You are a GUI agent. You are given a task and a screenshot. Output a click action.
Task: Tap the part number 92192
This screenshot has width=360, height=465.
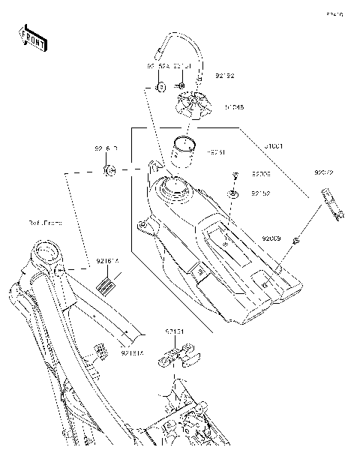pyautogui.click(x=226, y=75)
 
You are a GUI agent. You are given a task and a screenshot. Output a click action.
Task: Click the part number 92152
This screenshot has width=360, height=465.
pyautogui.click(x=260, y=193)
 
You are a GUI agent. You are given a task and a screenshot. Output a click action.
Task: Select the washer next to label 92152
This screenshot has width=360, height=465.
pyautogui.click(x=235, y=194)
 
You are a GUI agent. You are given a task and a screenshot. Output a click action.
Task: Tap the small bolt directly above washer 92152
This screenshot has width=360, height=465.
pyautogui.click(x=235, y=175)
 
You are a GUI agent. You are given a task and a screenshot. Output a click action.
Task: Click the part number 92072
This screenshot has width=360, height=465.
pyautogui.click(x=324, y=172)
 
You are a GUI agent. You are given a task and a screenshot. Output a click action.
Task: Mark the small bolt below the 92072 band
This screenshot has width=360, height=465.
pyautogui.click(x=298, y=240)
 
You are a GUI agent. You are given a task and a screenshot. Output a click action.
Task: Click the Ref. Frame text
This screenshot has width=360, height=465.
pyautogui.click(x=46, y=223)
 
